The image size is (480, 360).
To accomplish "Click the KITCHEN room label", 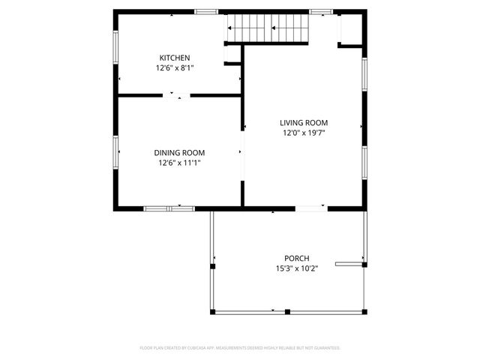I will point(174,58).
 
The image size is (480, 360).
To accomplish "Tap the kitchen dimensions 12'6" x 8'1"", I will point(174,67).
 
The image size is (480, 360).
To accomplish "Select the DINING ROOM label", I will point(179,152).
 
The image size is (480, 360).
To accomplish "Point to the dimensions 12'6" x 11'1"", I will point(179,162).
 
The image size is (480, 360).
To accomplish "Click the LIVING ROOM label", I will point(304,123).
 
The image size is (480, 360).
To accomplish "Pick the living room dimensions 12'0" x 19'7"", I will point(304,133).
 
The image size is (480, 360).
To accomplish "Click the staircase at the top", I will point(269,29).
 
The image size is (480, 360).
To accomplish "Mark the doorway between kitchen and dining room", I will point(178,95).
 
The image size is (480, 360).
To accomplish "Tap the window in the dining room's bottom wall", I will point(169,207).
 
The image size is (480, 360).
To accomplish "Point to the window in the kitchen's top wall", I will point(206,12).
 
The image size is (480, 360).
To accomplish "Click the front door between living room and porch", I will point(310,207).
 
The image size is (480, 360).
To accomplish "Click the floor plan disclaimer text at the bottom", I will point(240,348).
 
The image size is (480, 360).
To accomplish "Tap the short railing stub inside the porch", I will point(349,263).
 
